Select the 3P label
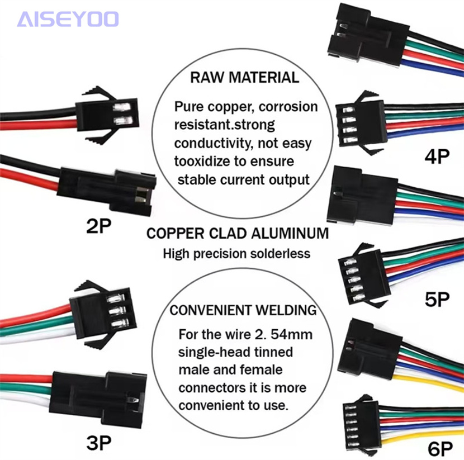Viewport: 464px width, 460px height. click(x=99, y=443)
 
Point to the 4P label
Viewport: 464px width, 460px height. click(x=437, y=157)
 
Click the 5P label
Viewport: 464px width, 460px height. click(x=437, y=300)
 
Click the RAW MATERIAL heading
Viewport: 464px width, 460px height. click(x=244, y=77)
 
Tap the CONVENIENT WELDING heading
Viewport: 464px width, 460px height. click(x=243, y=310)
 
